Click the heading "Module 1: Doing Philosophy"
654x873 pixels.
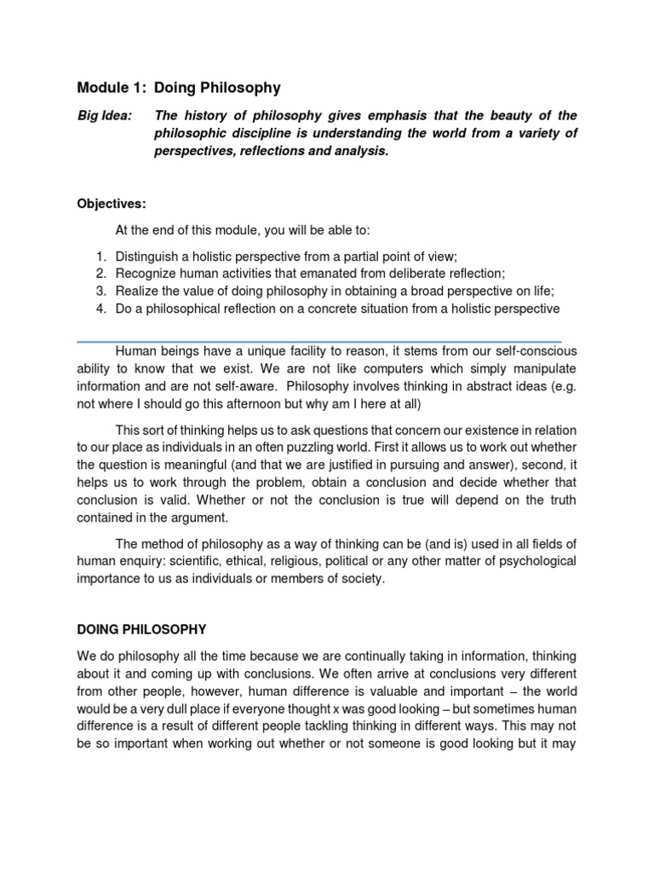tap(179, 88)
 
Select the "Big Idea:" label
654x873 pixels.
tap(105, 116)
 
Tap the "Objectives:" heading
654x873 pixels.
tap(112, 204)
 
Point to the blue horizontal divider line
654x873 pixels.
tap(319, 341)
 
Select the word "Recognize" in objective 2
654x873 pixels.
tap(147, 274)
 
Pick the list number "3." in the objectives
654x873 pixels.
tap(100, 291)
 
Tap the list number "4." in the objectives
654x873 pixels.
tap(100, 308)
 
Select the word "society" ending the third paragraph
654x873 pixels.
tap(363, 578)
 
